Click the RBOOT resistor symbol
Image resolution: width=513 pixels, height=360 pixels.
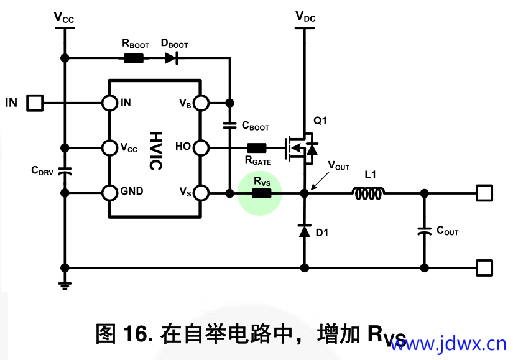click(134, 58)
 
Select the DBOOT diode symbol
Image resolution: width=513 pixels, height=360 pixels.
click(171, 58)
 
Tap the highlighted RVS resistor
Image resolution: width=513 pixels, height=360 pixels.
click(262, 193)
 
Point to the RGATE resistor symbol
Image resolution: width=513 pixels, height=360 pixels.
click(257, 148)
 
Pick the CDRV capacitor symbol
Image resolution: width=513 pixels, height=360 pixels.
click(64, 171)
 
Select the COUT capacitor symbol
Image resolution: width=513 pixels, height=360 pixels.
click(425, 231)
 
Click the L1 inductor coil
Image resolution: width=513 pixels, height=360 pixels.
click(369, 193)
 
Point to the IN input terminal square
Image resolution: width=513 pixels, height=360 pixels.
click(35, 103)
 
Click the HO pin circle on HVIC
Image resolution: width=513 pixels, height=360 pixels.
click(201, 147)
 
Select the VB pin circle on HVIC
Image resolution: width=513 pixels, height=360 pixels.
click(201, 103)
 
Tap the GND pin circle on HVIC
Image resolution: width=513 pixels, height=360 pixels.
click(110, 193)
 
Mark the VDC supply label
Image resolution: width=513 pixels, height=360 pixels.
click(305, 17)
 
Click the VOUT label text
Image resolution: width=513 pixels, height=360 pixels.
click(339, 166)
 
